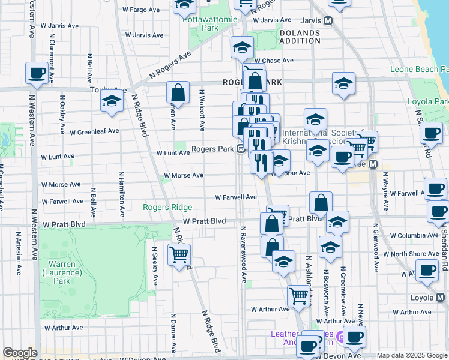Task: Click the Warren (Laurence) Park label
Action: pos(62,268)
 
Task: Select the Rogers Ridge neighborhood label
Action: pos(167,207)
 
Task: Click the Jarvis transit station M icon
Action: pos(328,20)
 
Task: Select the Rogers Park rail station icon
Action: pos(240,149)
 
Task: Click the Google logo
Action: pos(20,353)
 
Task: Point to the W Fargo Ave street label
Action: pos(142,10)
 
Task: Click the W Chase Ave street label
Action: pos(273,61)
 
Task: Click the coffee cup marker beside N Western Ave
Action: pos(37,73)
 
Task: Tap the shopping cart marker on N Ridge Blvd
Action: pos(179,254)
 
